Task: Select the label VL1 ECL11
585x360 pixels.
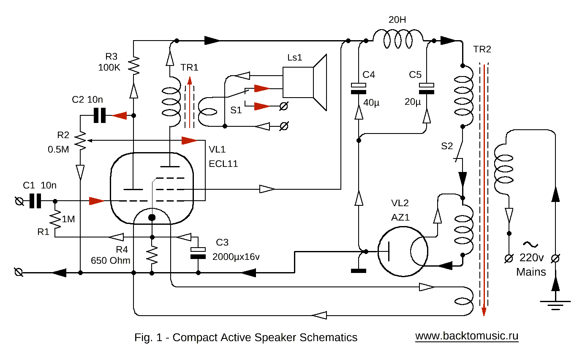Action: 223,157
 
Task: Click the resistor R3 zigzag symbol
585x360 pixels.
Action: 133,66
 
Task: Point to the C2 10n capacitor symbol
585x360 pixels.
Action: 99,115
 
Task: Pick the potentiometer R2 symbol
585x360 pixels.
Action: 80,140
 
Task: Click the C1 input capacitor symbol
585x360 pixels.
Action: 35,202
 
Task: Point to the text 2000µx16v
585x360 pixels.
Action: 236,256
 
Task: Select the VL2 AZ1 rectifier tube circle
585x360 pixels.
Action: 401,252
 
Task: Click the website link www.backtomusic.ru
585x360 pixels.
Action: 467,336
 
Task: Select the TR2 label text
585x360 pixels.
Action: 482,49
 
